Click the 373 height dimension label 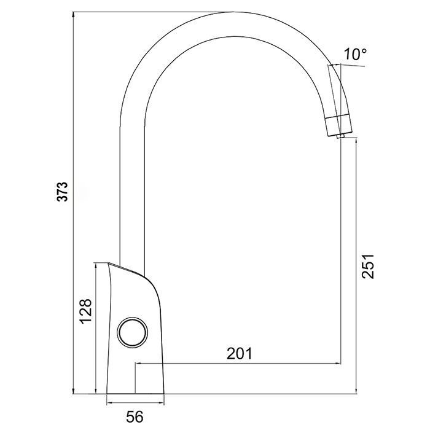coord(63,192)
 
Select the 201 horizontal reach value coord(240,353)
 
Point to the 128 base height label coord(86,311)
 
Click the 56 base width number coord(135,417)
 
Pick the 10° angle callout coord(355,54)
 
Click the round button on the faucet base coord(133,332)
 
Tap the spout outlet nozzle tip coord(341,136)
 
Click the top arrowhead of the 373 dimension coord(74,15)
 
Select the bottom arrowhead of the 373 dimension coord(74,390)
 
